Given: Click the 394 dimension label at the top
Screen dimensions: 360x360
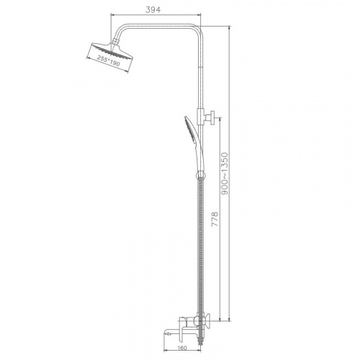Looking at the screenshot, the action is (153, 9).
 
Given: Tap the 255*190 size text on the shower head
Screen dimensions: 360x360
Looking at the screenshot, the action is (108, 60).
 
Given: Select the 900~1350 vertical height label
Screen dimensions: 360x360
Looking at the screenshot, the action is (225, 174).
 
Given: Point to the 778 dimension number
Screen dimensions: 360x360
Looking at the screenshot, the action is (215, 219).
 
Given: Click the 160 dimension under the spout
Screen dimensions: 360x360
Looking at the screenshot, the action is (183, 348).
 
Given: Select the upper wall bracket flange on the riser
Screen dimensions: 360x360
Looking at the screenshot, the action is (212, 117).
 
